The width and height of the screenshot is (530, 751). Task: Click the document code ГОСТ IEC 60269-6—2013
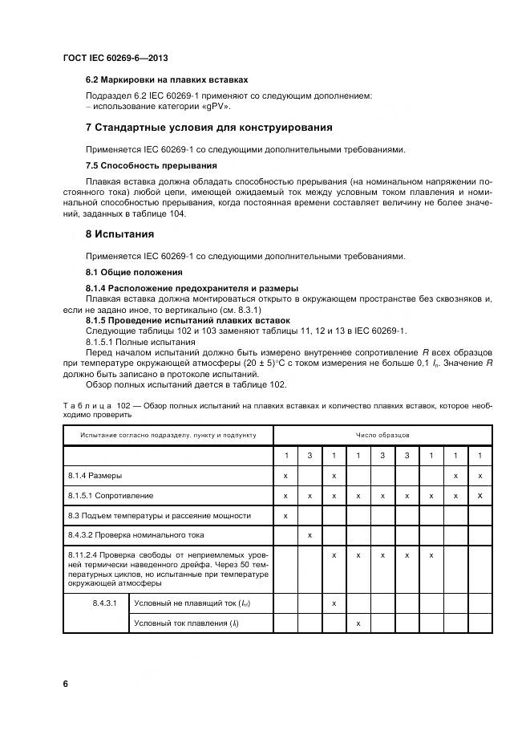tap(115, 58)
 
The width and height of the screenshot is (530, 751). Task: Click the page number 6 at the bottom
tap(66, 684)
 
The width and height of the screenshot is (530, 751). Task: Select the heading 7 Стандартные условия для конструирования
tap(208, 128)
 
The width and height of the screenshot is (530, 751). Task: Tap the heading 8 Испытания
tap(119, 234)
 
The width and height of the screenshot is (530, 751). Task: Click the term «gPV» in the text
tap(216, 106)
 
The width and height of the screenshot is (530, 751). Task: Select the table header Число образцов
tap(382, 435)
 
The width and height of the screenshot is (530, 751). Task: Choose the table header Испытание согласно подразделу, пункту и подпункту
tap(168, 435)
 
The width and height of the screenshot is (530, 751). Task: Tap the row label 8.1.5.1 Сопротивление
tap(111, 496)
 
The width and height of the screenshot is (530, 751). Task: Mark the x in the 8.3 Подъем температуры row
tap(285, 515)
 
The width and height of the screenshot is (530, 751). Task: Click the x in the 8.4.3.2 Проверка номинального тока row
tap(310, 534)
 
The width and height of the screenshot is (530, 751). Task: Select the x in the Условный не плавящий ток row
tap(334, 603)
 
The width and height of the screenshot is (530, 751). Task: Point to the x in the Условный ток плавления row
tap(358, 623)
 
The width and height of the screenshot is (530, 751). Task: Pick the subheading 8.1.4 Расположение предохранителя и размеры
tap(192, 288)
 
